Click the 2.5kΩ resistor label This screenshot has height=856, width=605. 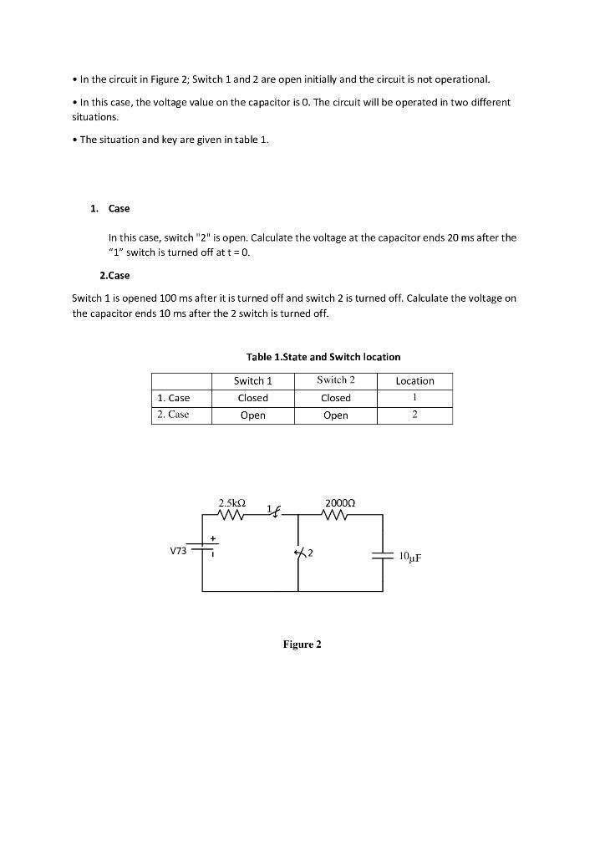[x=231, y=504]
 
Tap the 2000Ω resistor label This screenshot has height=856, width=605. [x=341, y=504]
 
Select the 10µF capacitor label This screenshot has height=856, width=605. [x=410, y=556]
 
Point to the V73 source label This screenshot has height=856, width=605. [x=178, y=551]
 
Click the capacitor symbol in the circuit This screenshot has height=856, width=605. [x=383, y=554]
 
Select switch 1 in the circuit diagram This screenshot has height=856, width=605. [x=273, y=512]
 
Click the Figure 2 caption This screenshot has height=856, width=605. [x=302, y=645]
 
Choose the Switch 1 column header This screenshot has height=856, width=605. [x=253, y=381]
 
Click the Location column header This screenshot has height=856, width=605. [x=414, y=381]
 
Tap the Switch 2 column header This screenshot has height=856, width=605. [x=336, y=381]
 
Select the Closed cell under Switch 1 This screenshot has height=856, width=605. [x=253, y=398]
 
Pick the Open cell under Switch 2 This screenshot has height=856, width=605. [x=336, y=415]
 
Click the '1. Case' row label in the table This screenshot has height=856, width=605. [x=173, y=398]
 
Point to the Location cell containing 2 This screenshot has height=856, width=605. [x=414, y=415]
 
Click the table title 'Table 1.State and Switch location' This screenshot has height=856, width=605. [x=323, y=357]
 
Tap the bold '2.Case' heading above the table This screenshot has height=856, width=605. [x=114, y=275]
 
